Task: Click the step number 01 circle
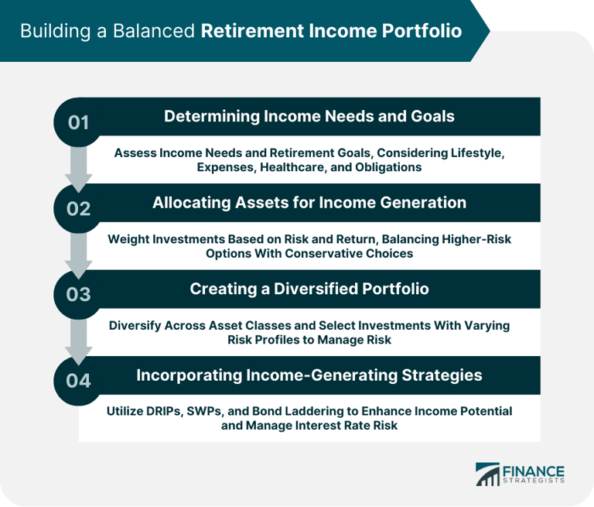[79, 122]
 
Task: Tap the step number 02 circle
[79, 208]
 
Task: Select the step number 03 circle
[79, 294]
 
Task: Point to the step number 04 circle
[79, 380]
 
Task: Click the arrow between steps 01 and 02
[79, 166]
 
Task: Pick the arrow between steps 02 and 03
[79, 252]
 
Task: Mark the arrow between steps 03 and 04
[79, 338]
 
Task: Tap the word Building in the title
[53, 32]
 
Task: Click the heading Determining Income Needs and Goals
[309, 117]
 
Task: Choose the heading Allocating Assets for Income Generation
[309, 203]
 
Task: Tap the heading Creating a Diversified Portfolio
[309, 289]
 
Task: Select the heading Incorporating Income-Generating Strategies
[309, 375]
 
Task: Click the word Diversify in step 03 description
[137, 325]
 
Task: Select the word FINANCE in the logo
[533, 469]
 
